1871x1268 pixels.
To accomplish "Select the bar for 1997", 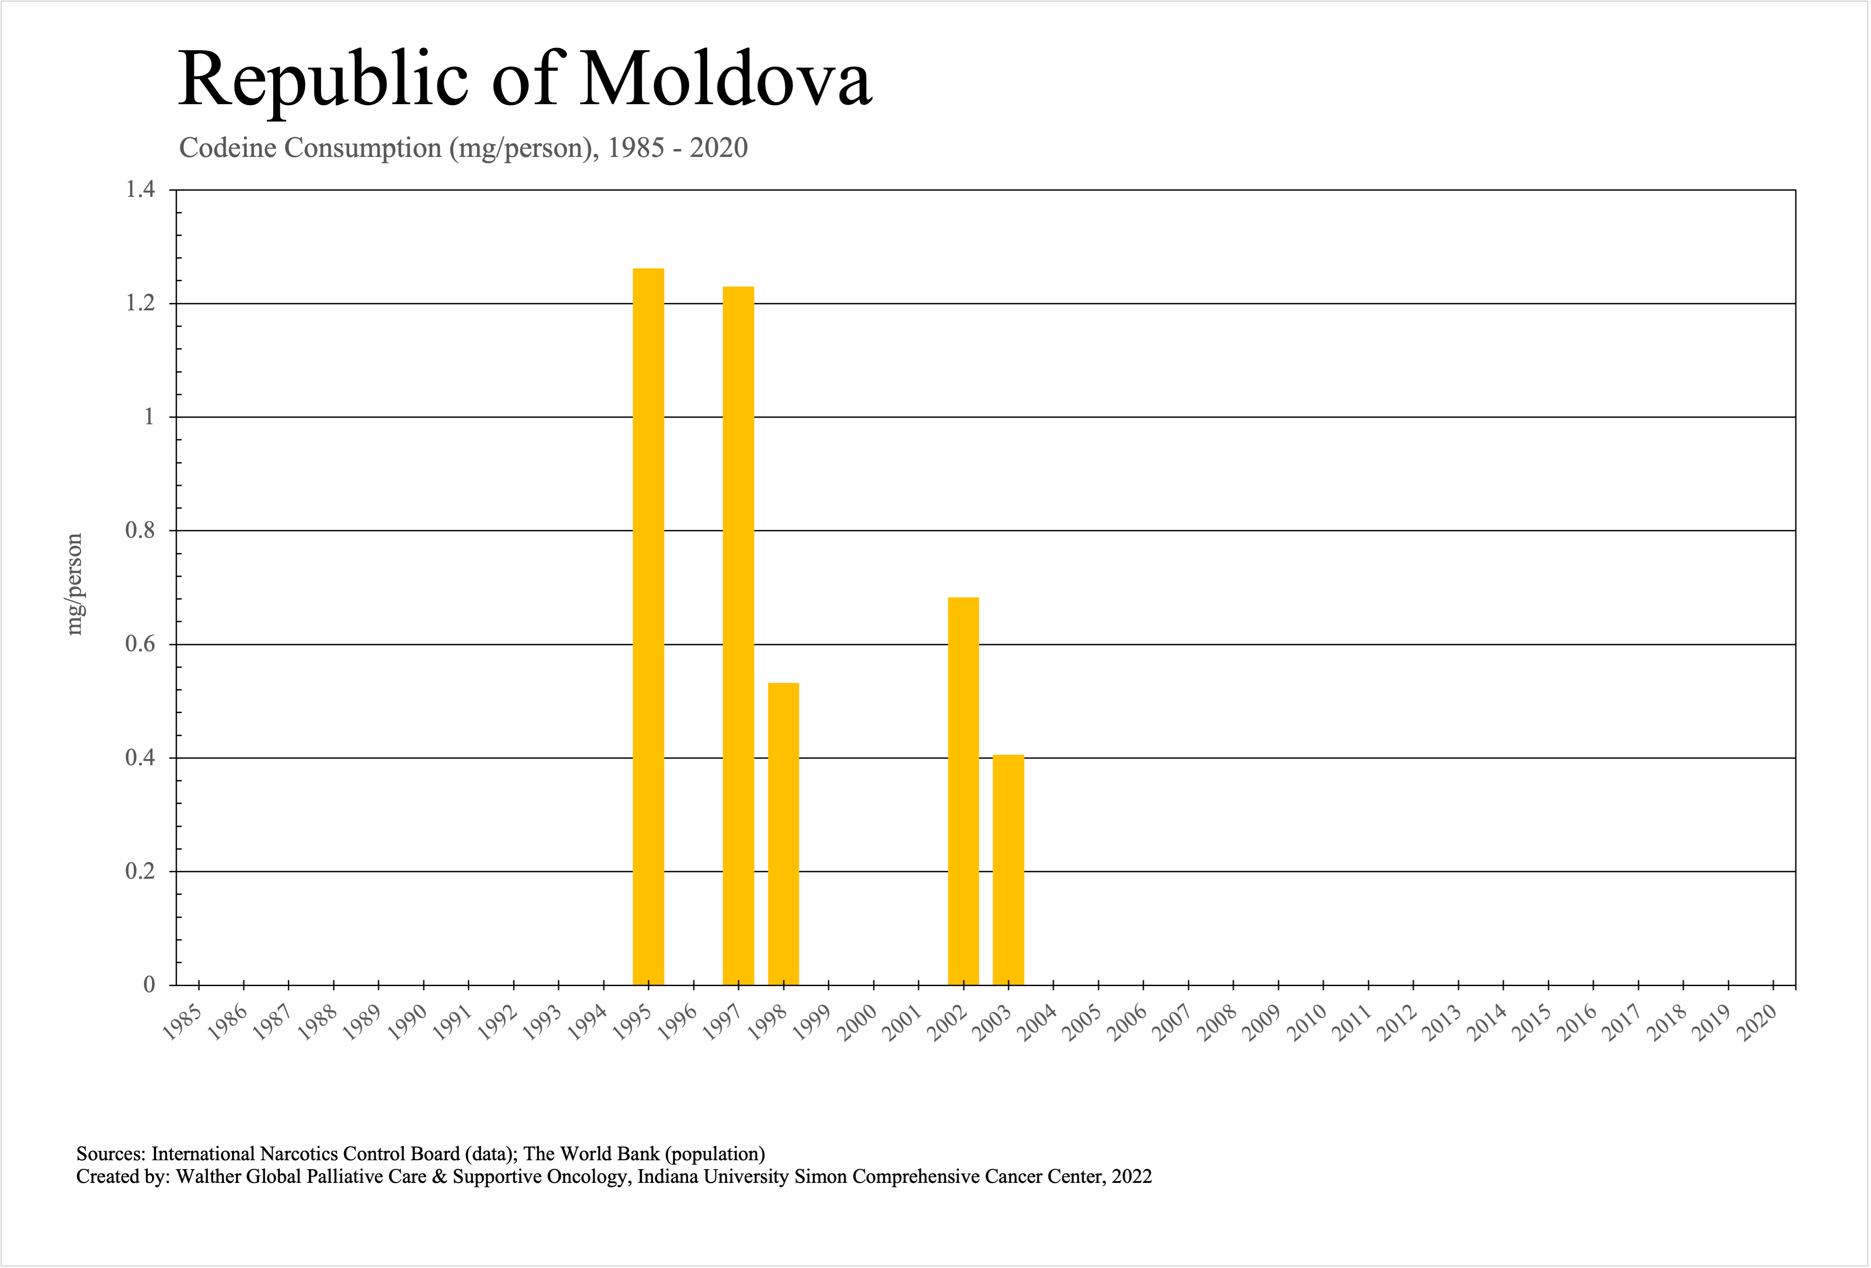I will point(738,636).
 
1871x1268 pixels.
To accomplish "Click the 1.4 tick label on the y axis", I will point(140,190).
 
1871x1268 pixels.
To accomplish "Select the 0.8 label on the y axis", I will point(140,531).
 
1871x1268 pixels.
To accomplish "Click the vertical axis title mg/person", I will point(74,584).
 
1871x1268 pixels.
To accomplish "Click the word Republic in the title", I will point(323,79).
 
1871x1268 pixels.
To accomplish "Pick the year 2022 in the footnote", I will point(1132,1177).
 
